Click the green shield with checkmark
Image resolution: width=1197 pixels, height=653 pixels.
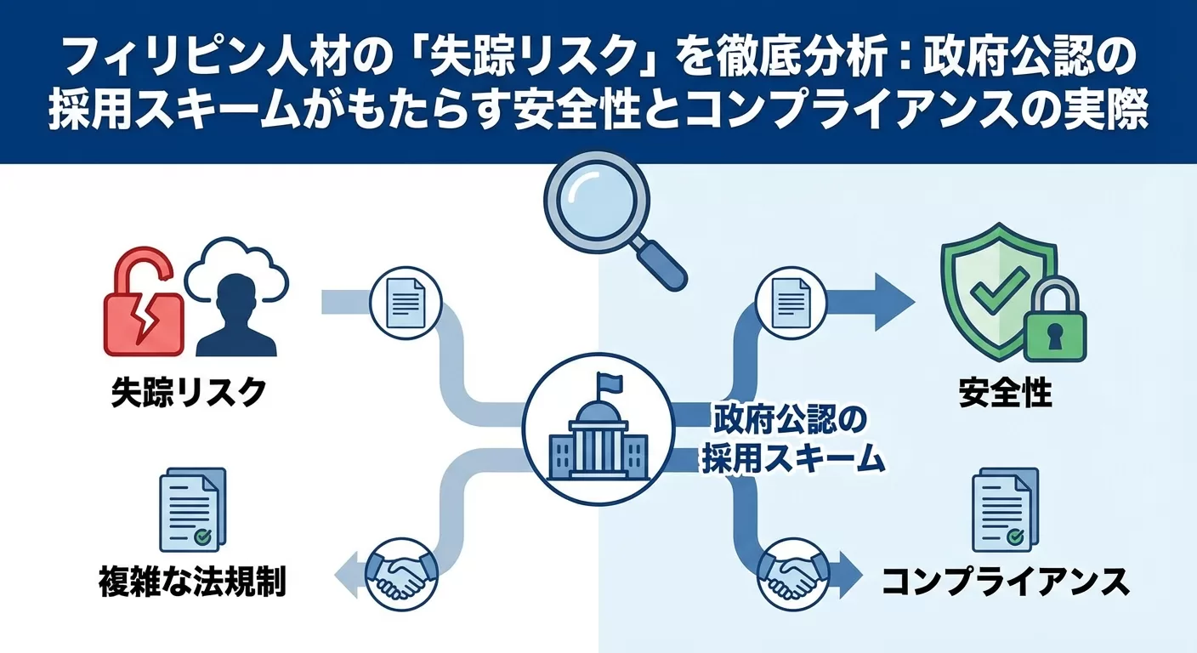coord(990,289)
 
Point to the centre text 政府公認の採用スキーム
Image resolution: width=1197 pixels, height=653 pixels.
coord(780,439)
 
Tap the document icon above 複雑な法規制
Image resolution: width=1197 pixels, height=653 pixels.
coord(192,510)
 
